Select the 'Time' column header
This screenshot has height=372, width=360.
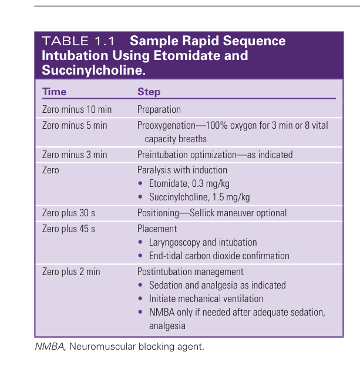tap(54, 92)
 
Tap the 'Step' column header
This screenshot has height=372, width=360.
tap(149, 92)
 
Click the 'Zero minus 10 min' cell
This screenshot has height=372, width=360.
tap(76, 109)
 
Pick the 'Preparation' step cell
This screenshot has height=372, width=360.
tap(159, 109)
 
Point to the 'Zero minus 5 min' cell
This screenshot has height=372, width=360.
tap(75, 125)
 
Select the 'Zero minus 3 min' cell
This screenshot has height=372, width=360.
tap(75, 155)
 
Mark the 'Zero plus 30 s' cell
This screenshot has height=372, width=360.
tap(70, 213)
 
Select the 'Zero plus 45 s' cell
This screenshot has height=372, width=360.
tap(70, 229)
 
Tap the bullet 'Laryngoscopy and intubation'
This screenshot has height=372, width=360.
tap(203, 242)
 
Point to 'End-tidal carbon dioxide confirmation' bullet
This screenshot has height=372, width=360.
tap(219, 256)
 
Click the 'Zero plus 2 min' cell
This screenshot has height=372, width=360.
tap(71, 272)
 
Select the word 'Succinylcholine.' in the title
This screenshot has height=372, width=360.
tap(93, 70)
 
